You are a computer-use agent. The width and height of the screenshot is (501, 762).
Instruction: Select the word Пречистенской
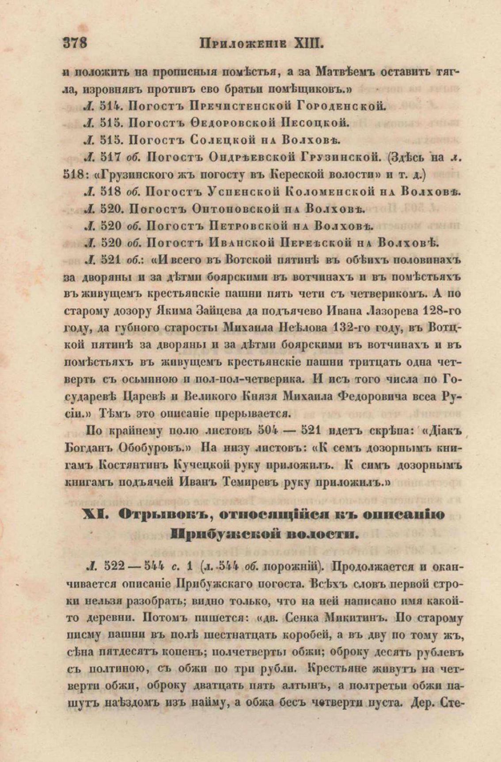click(x=238, y=106)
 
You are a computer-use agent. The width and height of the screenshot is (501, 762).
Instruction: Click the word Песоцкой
click(x=315, y=123)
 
